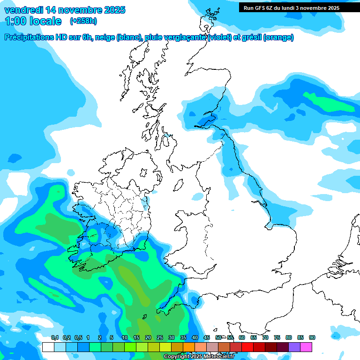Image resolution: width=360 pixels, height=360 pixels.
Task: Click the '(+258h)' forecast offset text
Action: click(83, 21)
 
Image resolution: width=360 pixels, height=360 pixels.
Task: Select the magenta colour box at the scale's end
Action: click(306, 347)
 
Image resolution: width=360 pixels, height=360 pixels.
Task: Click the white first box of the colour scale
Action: click(48, 347)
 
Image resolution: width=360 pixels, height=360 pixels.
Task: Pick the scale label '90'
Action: click(312, 337)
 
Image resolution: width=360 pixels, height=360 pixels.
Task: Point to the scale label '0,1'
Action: click(54, 337)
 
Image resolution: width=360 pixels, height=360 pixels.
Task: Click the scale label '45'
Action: click(207, 337)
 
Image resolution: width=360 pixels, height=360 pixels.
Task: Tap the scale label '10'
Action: click(125, 337)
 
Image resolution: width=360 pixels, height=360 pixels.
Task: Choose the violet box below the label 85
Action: click(294, 347)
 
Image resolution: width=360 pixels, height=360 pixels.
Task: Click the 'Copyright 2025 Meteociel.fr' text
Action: click(199, 356)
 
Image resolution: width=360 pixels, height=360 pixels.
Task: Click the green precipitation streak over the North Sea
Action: click(328, 102)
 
